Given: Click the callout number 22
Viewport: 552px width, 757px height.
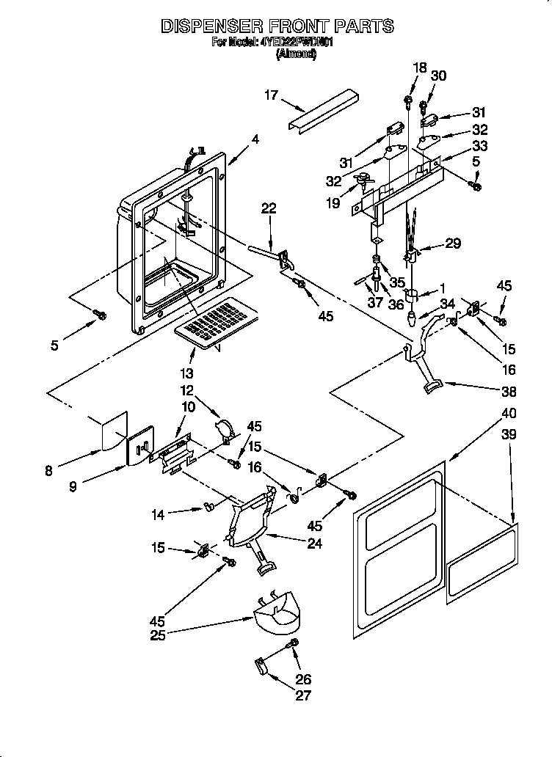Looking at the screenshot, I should coord(268,208).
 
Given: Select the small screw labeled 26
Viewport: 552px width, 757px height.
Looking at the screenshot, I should coord(294,643).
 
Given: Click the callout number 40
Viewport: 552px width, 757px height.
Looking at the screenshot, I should coord(508,412).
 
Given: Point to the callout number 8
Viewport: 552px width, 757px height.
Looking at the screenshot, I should coord(48,472).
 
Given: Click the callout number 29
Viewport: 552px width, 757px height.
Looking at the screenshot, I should coord(453,244).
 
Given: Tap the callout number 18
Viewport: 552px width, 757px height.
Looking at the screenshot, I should coord(419,67).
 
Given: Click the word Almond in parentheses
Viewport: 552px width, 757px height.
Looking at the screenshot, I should coord(296,54).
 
